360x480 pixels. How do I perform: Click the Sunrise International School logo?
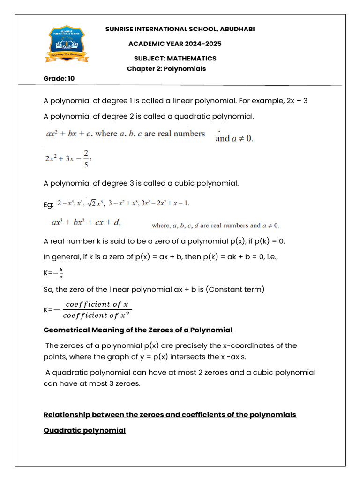pyautogui.click(x=67, y=44)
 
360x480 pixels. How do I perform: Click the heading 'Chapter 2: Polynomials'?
pyautogui.click(x=166, y=68)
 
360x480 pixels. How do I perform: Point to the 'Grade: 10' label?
pyautogui.click(x=59, y=78)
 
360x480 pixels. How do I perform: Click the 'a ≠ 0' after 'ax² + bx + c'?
pyautogui.click(x=242, y=138)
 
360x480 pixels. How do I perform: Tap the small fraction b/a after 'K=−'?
pyautogui.click(x=61, y=273)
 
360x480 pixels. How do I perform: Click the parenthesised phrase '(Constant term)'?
pyautogui.click(x=238, y=289)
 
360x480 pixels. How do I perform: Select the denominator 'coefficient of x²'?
pyautogui.click(x=97, y=315)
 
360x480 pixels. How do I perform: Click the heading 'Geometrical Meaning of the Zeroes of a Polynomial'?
pyautogui.click(x=138, y=330)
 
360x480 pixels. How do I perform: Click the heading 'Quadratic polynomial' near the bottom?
pyautogui.click(x=84, y=430)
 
